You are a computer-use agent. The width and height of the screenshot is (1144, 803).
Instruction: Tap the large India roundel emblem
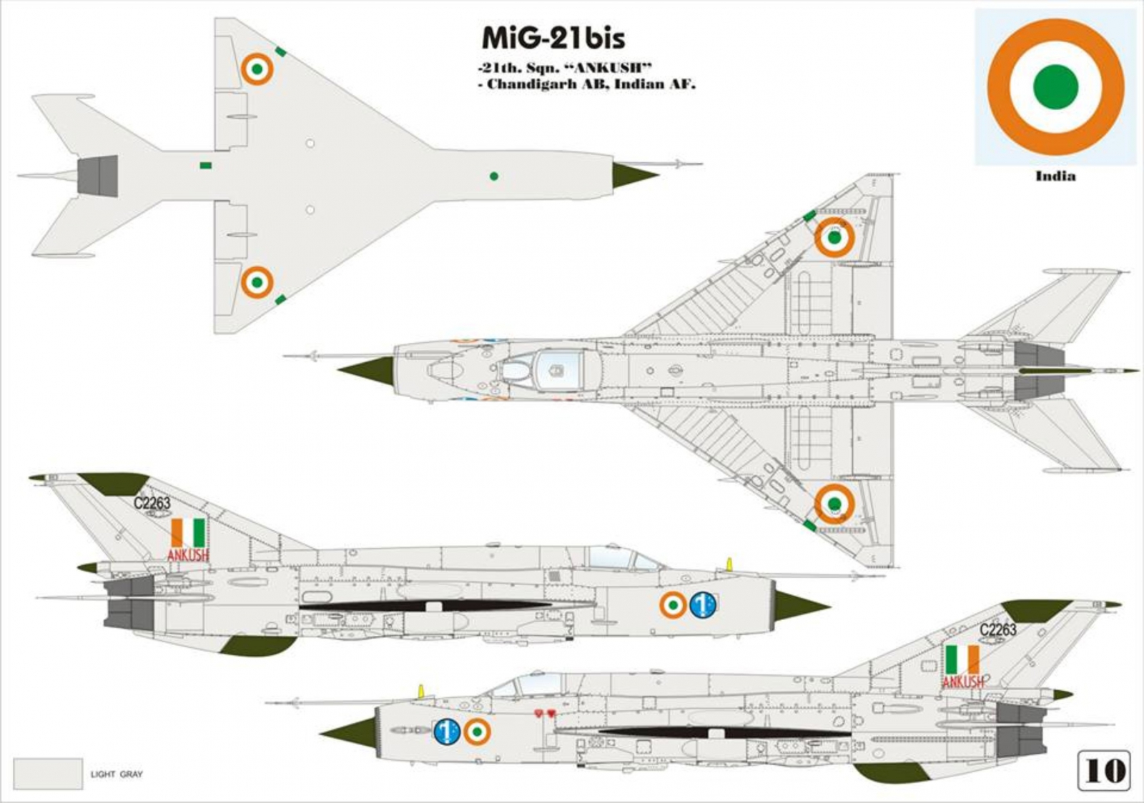click(1055, 86)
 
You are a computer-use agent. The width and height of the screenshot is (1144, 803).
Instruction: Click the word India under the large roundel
click(1055, 176)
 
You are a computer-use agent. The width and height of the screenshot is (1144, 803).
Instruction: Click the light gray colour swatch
click(48, 774)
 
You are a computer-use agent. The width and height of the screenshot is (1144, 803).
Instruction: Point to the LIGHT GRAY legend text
click(117, 774)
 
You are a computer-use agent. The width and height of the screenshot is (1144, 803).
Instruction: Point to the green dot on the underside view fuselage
click(493, 176)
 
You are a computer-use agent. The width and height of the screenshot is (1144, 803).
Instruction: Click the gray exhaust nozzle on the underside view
click(97, 176)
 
